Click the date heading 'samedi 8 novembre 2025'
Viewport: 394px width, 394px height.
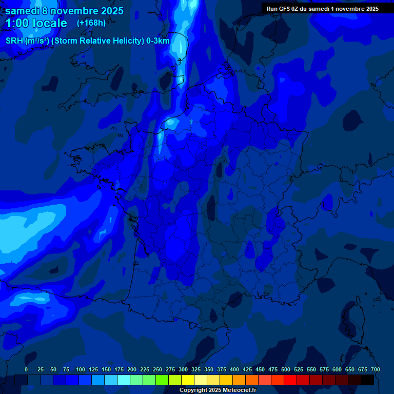[x=64, y=11]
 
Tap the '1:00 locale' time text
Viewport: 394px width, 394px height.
[x=36, y=23]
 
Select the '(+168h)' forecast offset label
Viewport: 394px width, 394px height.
[x=91, y=23]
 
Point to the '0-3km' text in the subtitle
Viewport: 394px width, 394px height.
[x=158, y=41]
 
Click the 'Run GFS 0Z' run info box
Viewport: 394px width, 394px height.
[x=323, y=8]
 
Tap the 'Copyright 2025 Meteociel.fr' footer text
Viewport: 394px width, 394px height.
[x=218, y=390]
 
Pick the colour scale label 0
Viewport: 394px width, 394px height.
[x=26, y=369]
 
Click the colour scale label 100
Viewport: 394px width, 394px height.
[x=81, y=369]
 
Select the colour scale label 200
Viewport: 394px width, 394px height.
[x=132, y=369]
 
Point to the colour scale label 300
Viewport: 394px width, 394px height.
[x=183, y=369]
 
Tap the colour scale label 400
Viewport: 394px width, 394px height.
[x=234, y=369]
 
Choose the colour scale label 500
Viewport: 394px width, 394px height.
[x=286, y=369]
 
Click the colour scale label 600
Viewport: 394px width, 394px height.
[x=337, y=369]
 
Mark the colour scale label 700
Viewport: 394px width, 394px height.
[x=376, y=369]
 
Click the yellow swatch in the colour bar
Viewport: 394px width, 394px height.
[x=188, y=380]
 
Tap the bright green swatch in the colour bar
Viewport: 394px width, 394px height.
[x=162, y=380]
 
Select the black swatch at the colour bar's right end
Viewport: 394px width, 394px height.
[x=367, y=380]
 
